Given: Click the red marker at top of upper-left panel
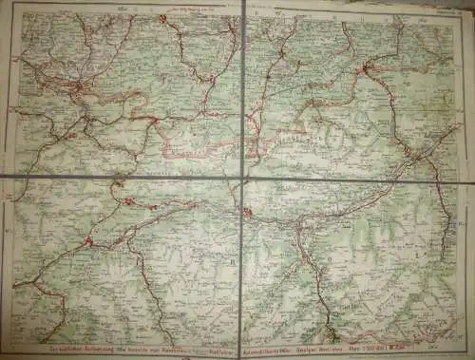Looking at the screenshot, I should pos(162,18).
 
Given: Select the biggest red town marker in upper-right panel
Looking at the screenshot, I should pos(365,68).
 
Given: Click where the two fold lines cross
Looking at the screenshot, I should pos(242,177).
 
